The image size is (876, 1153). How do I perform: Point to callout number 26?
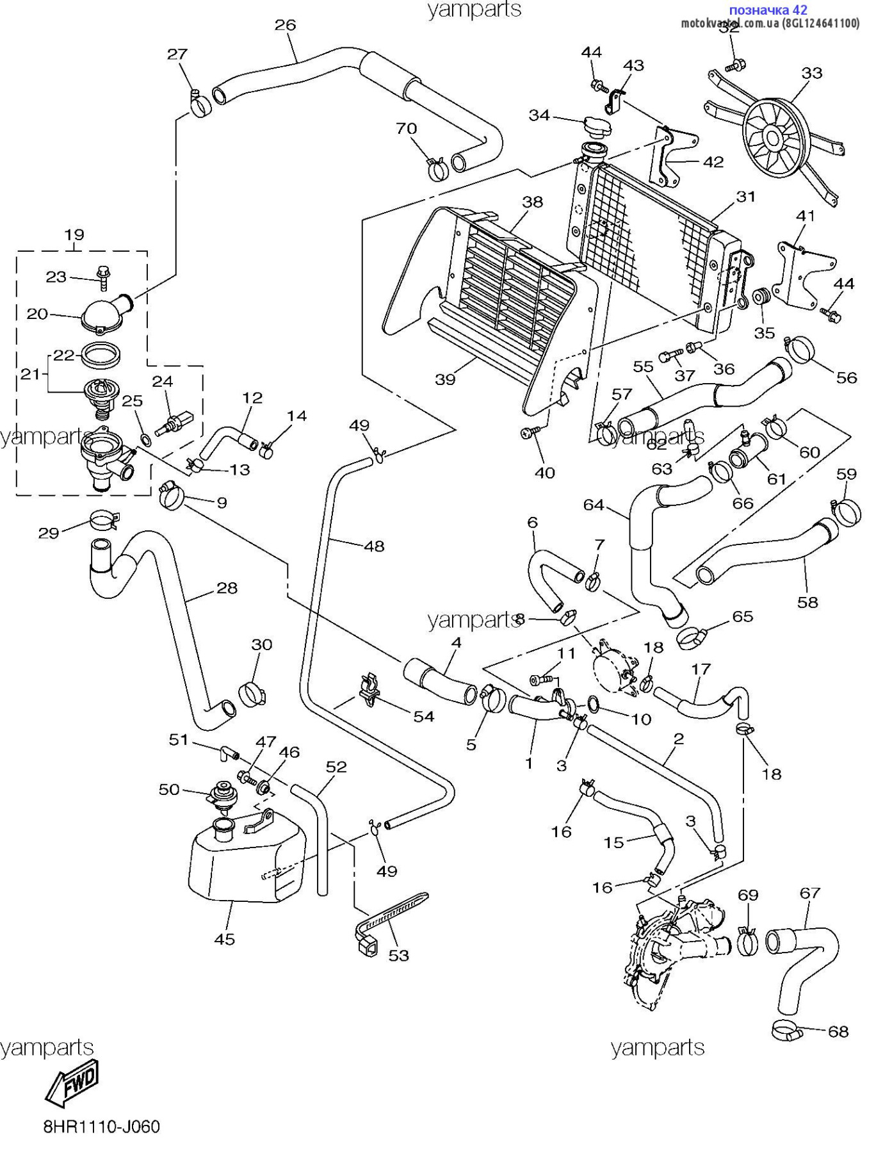pyautogui.click(x=285, y=25)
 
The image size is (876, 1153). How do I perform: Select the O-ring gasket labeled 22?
pyautogui.click(x=102, y=354)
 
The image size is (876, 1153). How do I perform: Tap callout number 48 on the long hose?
pyautogui.click(x=374, y=546)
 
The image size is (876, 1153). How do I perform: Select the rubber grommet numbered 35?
pyautogui.click(x=762, y=298)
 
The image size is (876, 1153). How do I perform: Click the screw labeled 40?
pyautogui.click(x=529, y=434)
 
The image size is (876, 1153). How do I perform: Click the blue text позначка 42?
pyautogui.click(x=768, y=10)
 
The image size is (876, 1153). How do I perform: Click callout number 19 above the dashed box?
pyautogui.click(x=74, y=234)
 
